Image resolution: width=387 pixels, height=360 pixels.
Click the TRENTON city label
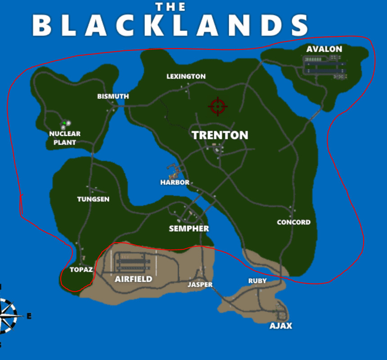[x=220, y=135]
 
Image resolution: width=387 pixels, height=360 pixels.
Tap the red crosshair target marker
[x=218, y=107]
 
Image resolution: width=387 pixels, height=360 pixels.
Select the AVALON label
[x=324, y=49]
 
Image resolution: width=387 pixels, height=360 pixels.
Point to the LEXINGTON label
[x=186, y=76]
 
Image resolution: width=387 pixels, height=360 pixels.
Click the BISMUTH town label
[x=113, y=96]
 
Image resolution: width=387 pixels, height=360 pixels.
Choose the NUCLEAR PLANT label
[x=65, y=138]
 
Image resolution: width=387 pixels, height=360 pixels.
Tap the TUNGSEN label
[x=93, y=199]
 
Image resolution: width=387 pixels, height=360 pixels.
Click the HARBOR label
[x=175, y=182]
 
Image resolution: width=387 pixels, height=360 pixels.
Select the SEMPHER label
[x=189, y=228]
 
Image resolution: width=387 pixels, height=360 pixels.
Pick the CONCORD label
[x=293, y=222]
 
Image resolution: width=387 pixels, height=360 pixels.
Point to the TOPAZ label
[x=81, y=270]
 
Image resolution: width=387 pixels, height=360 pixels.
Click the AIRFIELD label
[x=133, y=279]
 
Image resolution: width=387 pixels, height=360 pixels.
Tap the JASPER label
[x=200, y=284]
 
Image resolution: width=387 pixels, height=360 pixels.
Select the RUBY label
[x=257, y=281]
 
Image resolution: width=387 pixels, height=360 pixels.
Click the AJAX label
[x=280, y=325]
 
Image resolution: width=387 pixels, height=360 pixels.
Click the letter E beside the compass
[x=29, y=316]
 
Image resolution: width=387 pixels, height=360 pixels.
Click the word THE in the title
[x=170, y=7]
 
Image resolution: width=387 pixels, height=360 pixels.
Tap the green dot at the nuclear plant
[x=64, y=123]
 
